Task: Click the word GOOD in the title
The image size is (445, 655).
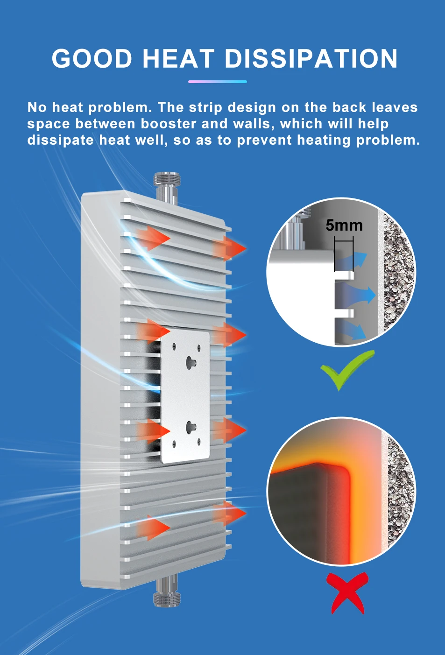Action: coord(92,59)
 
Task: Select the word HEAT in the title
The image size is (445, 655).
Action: coord(178,59)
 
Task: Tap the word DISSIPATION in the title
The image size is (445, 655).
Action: coord(311,59)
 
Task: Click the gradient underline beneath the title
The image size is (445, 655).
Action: coord(217,82)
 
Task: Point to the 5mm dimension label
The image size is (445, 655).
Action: coord(344,225)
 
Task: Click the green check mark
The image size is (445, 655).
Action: coord(346,369)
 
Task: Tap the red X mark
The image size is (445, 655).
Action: coord(347,592)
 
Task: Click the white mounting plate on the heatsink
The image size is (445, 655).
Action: coord(185,397)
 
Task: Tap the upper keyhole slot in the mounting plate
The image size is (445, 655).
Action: coord(191,361)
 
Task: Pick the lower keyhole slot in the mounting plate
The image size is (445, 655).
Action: coord(191,425)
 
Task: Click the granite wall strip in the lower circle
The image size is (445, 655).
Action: coord(400,490)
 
